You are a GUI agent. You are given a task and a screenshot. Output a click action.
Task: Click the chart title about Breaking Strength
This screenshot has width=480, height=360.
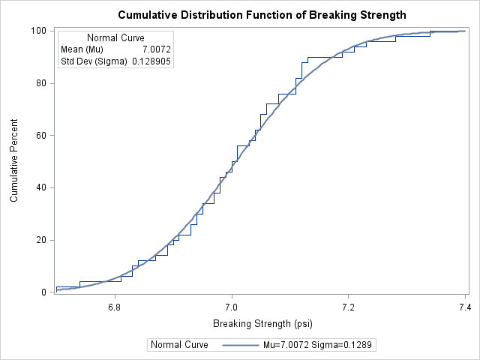point(262,15)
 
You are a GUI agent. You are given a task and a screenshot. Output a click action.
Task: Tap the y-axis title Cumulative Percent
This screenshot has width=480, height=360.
point(14,161)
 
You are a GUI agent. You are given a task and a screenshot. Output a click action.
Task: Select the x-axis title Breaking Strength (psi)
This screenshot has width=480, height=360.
point(262,324)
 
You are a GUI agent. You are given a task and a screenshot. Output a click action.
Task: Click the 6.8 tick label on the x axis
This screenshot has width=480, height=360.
point(115,307)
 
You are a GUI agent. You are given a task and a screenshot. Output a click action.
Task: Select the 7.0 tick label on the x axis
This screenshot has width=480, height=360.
point(232,307)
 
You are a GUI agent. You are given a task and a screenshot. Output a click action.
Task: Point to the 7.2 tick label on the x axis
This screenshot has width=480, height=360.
point(348,307)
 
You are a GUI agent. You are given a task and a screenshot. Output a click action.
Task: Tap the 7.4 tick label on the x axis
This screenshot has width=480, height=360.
point(465,307)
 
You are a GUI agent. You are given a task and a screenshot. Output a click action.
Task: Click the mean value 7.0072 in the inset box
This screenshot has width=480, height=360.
point(156,49)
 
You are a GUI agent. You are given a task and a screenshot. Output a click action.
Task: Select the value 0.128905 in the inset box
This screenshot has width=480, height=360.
point(151,61)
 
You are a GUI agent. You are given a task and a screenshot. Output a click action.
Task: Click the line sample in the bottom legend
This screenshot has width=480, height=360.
point(238,345)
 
